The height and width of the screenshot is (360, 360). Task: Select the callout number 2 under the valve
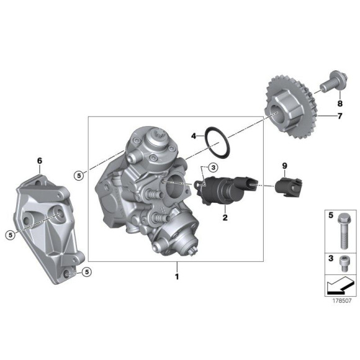(225, 218)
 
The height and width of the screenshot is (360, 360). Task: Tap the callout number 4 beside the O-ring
(194, 136)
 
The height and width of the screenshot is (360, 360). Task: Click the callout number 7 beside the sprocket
(340, 116)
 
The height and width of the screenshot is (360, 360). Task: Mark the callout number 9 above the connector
(285, 166)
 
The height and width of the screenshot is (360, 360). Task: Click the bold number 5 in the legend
(330, 215)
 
